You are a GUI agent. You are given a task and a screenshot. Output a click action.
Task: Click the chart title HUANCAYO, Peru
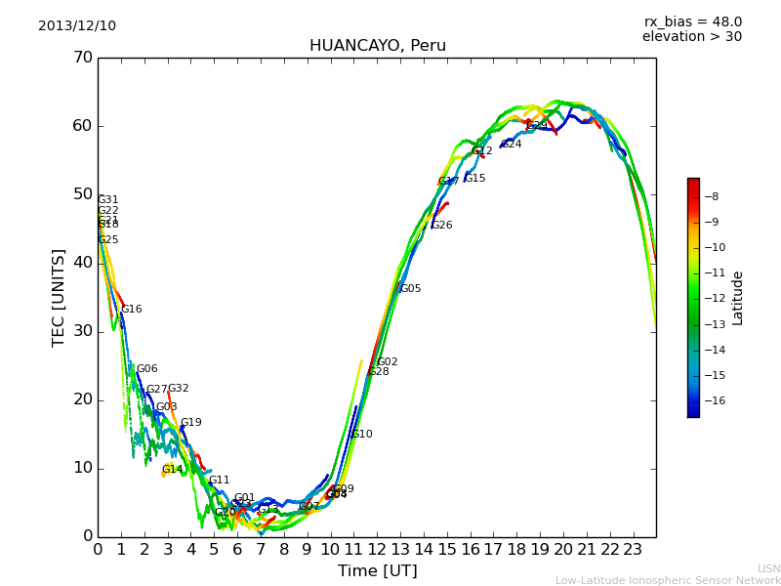[377, 46]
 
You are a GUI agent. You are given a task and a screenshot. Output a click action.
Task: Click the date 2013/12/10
[77, 26]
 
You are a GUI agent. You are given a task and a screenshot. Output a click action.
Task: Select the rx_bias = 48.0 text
[692, 22]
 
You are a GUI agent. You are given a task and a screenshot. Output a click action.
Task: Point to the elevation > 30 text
[691, 37]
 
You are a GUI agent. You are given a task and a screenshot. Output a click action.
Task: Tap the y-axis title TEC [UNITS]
[59, 297]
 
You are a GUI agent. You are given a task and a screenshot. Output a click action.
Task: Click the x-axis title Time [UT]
[377, 571]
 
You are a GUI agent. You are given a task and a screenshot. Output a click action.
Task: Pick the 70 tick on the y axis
[82, 58]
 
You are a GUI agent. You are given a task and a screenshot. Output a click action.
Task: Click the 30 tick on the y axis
[82, 331]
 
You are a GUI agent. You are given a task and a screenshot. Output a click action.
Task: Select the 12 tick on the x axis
[377, 549]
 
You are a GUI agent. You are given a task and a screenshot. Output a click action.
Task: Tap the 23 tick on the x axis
[633, 549]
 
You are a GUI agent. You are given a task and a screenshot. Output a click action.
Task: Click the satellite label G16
[132, 310]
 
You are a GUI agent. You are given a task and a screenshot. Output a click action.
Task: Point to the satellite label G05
[411, 289]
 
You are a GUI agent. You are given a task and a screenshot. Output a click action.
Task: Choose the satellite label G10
[362, 435]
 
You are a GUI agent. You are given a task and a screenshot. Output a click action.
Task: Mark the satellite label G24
[512, 145]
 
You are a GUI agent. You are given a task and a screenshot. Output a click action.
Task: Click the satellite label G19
[191, 423]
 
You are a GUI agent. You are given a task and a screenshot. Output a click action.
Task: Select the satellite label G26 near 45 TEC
[442, 226]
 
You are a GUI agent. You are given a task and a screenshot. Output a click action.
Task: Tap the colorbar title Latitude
[738, 298]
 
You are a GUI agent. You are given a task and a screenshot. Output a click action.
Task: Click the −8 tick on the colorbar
[710, 196]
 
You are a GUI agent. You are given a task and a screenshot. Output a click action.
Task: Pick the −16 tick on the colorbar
[710, 400]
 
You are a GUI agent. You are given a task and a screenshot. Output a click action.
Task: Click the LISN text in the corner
[768, 568]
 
